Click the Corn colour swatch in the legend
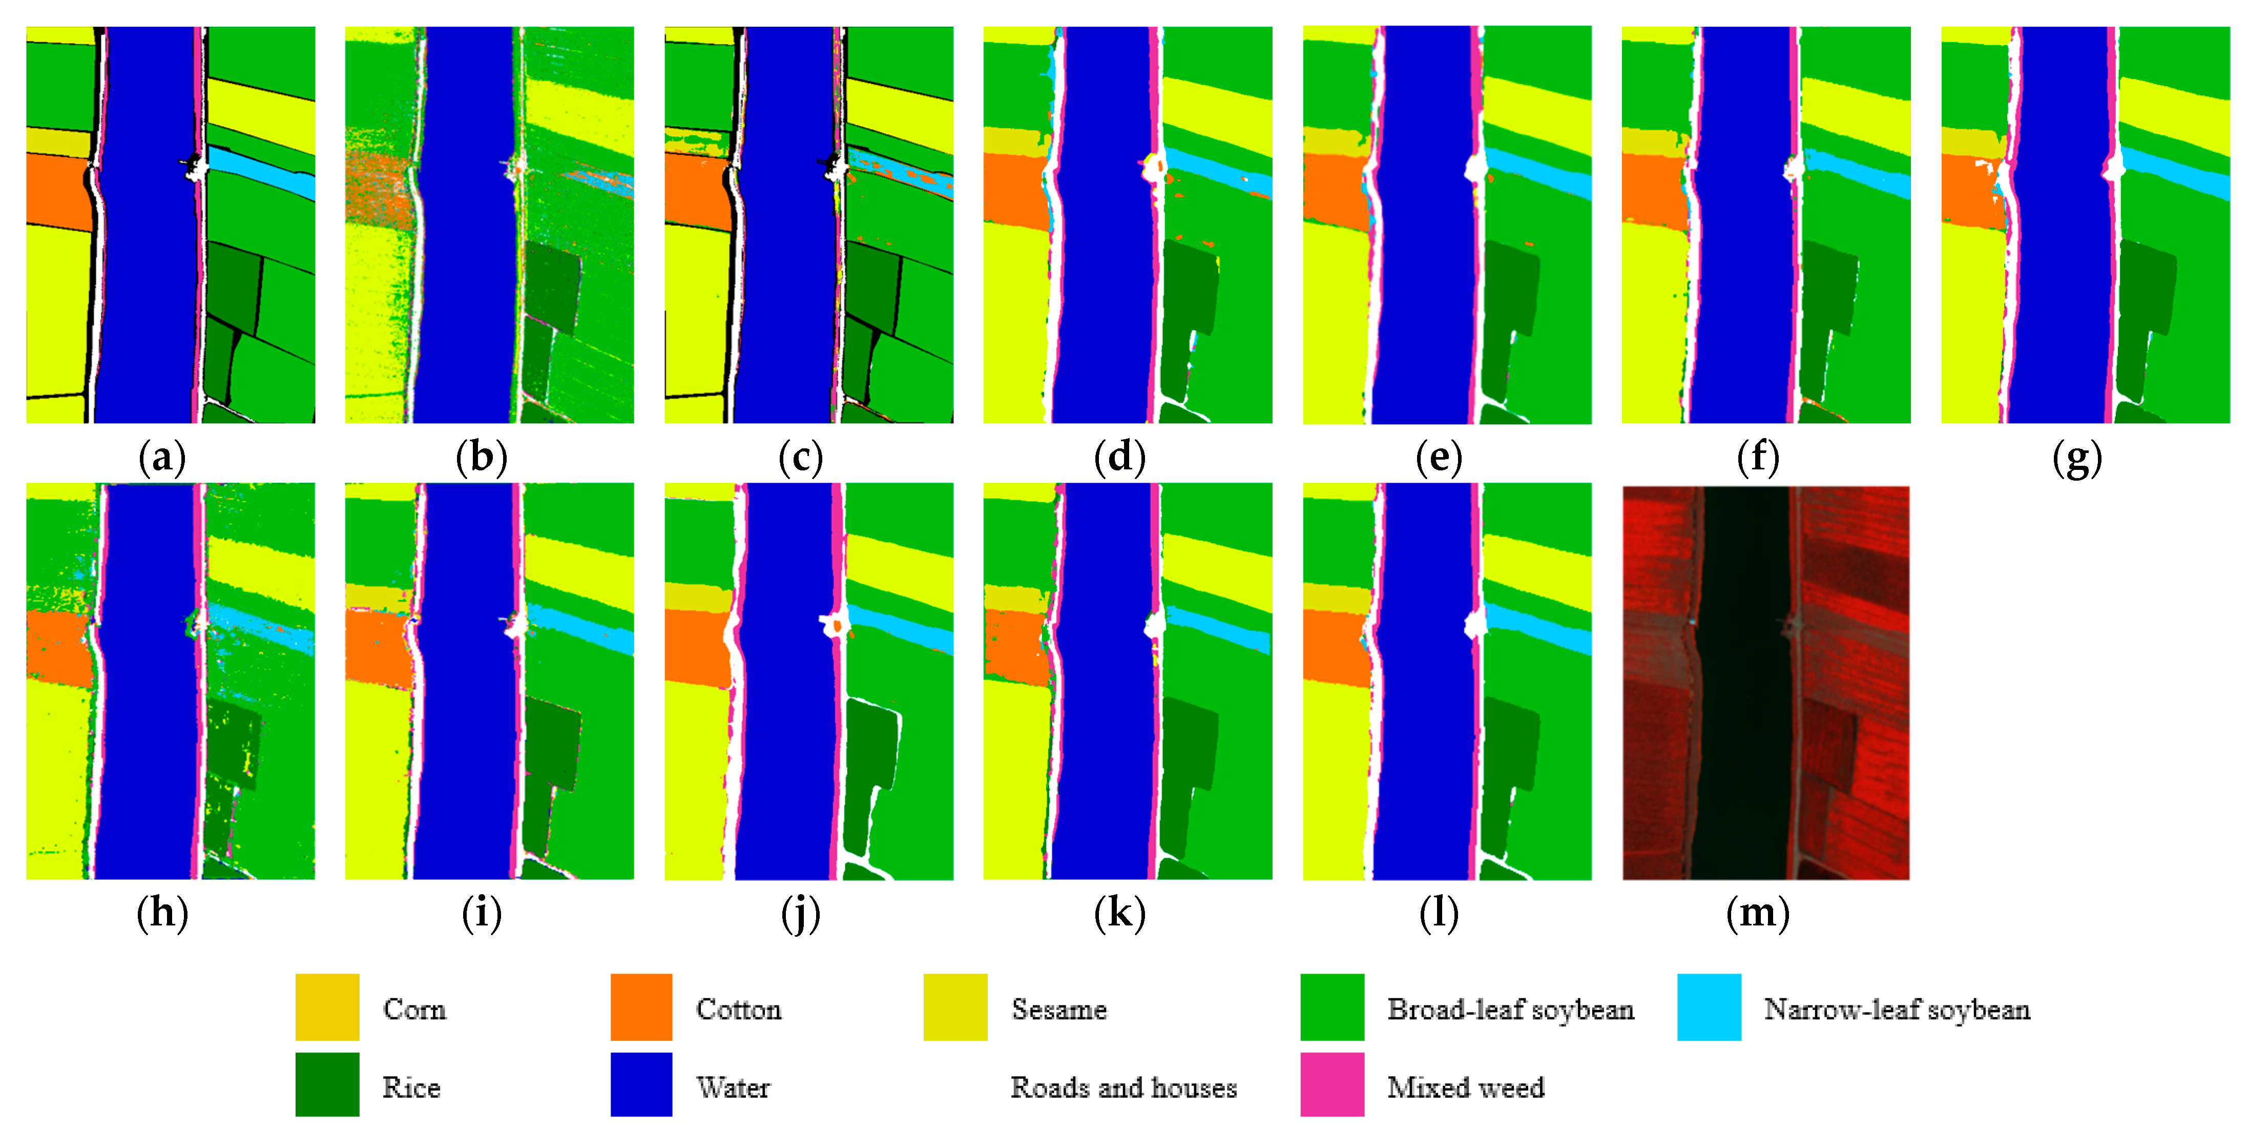point(327,1007)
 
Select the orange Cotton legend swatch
point(641,1007)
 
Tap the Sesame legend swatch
point(955,1007)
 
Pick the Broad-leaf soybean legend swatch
point(1332,1007)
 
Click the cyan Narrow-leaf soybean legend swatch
point(1709,1007)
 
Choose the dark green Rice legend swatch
point(327,1084)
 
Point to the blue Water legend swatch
point(641,1084)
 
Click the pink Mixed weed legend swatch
point(1332,1084)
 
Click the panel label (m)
point(1758,913)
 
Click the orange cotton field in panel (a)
point(57,192)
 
